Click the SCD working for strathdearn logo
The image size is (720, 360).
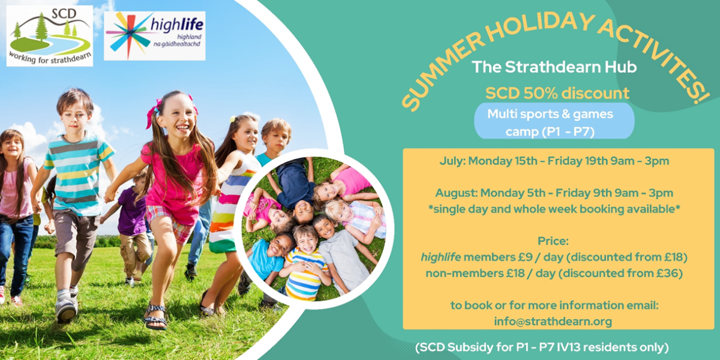point(50,36)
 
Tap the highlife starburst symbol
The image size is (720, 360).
point(129,35)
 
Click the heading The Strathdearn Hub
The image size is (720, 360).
point(554,67)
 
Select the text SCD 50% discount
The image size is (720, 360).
point(557,93)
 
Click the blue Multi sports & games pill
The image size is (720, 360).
point(554,121)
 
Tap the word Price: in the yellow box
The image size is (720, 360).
point(553,241)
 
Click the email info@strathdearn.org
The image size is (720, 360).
point(553,322)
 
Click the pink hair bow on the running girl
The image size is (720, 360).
point(152,113)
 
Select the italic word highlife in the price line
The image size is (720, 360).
point(441,257)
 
